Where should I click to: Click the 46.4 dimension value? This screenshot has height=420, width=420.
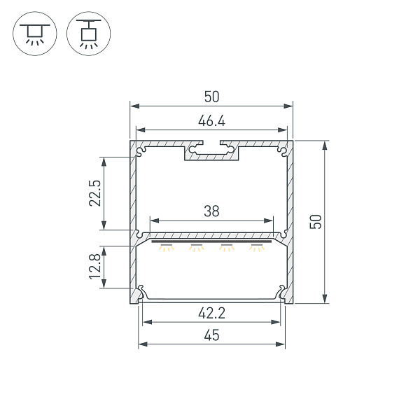[x=211, y=121]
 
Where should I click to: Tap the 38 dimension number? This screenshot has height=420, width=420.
[x=211, y=211]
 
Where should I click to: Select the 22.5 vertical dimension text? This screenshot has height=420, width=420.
[x=95, y=193]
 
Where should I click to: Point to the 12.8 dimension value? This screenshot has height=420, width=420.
[x=95, y=267]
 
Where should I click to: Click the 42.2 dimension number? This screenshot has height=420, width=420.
[x=211, y=313]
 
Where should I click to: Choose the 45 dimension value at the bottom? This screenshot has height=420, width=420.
[x=211, y=335]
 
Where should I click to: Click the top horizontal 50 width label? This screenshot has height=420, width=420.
[x=211, y=97]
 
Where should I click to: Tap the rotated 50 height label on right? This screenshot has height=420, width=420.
[x=316, y=222]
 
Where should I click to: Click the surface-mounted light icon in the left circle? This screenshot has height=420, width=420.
[x=35, y=34]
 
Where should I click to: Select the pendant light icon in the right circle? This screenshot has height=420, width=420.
[x=89, y=34]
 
